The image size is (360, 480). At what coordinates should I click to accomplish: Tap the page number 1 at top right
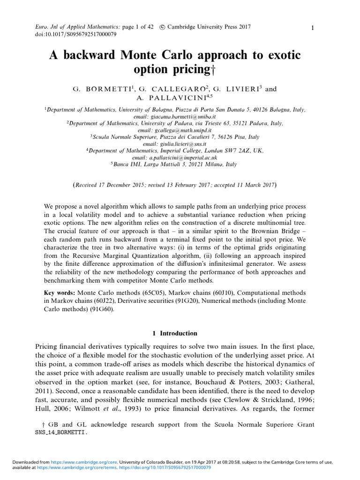tap(312, 29)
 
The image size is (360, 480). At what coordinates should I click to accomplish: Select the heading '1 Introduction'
tap(175, 333)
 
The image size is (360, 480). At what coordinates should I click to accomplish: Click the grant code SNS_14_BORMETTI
tap(61, 434)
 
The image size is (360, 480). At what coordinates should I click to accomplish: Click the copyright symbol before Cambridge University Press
tap(162, 27)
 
